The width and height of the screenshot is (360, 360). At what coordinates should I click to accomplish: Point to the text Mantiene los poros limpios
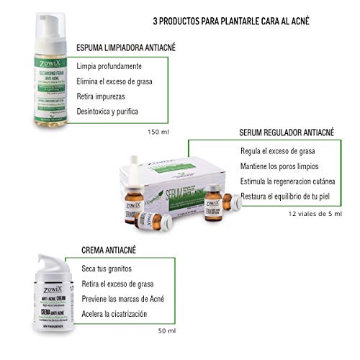(x=284, y=167)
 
